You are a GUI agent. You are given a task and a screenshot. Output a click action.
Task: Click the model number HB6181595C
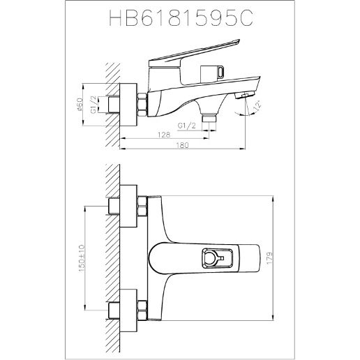(181, 22)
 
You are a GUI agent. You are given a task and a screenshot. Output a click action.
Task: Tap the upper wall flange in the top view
(128, 205)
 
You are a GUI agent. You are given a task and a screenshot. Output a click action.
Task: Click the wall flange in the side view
(129, 104)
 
